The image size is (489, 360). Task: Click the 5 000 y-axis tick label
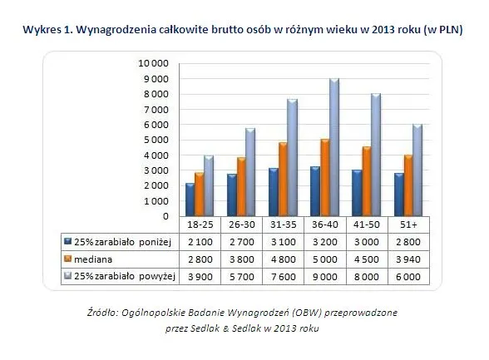[156, 140]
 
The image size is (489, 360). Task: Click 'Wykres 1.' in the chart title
[54, 29]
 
